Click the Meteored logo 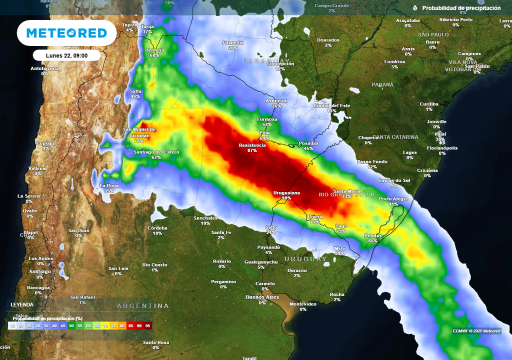(x=66, y=33)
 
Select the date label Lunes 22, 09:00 (x=66, y=55)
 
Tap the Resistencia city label (x=252, y=145)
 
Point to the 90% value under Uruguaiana (x=286, y=198)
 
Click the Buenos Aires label (x=262, y=297)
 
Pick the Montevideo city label (x=303, y=304)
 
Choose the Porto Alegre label (x=393, y=199)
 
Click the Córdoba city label (x=157, y=228)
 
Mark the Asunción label (x=276, y=100)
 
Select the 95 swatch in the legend (x=147, y=326)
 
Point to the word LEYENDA (x=22, y=304)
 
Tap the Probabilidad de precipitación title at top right (x=461, y=8)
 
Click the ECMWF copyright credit (x=476, y=331)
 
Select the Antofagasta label (x=45, y=68)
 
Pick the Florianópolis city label (x=442, y=148)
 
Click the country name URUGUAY (x=305, y=259)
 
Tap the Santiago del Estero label (x=156, y=152)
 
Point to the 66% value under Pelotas (x=373, y=240)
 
